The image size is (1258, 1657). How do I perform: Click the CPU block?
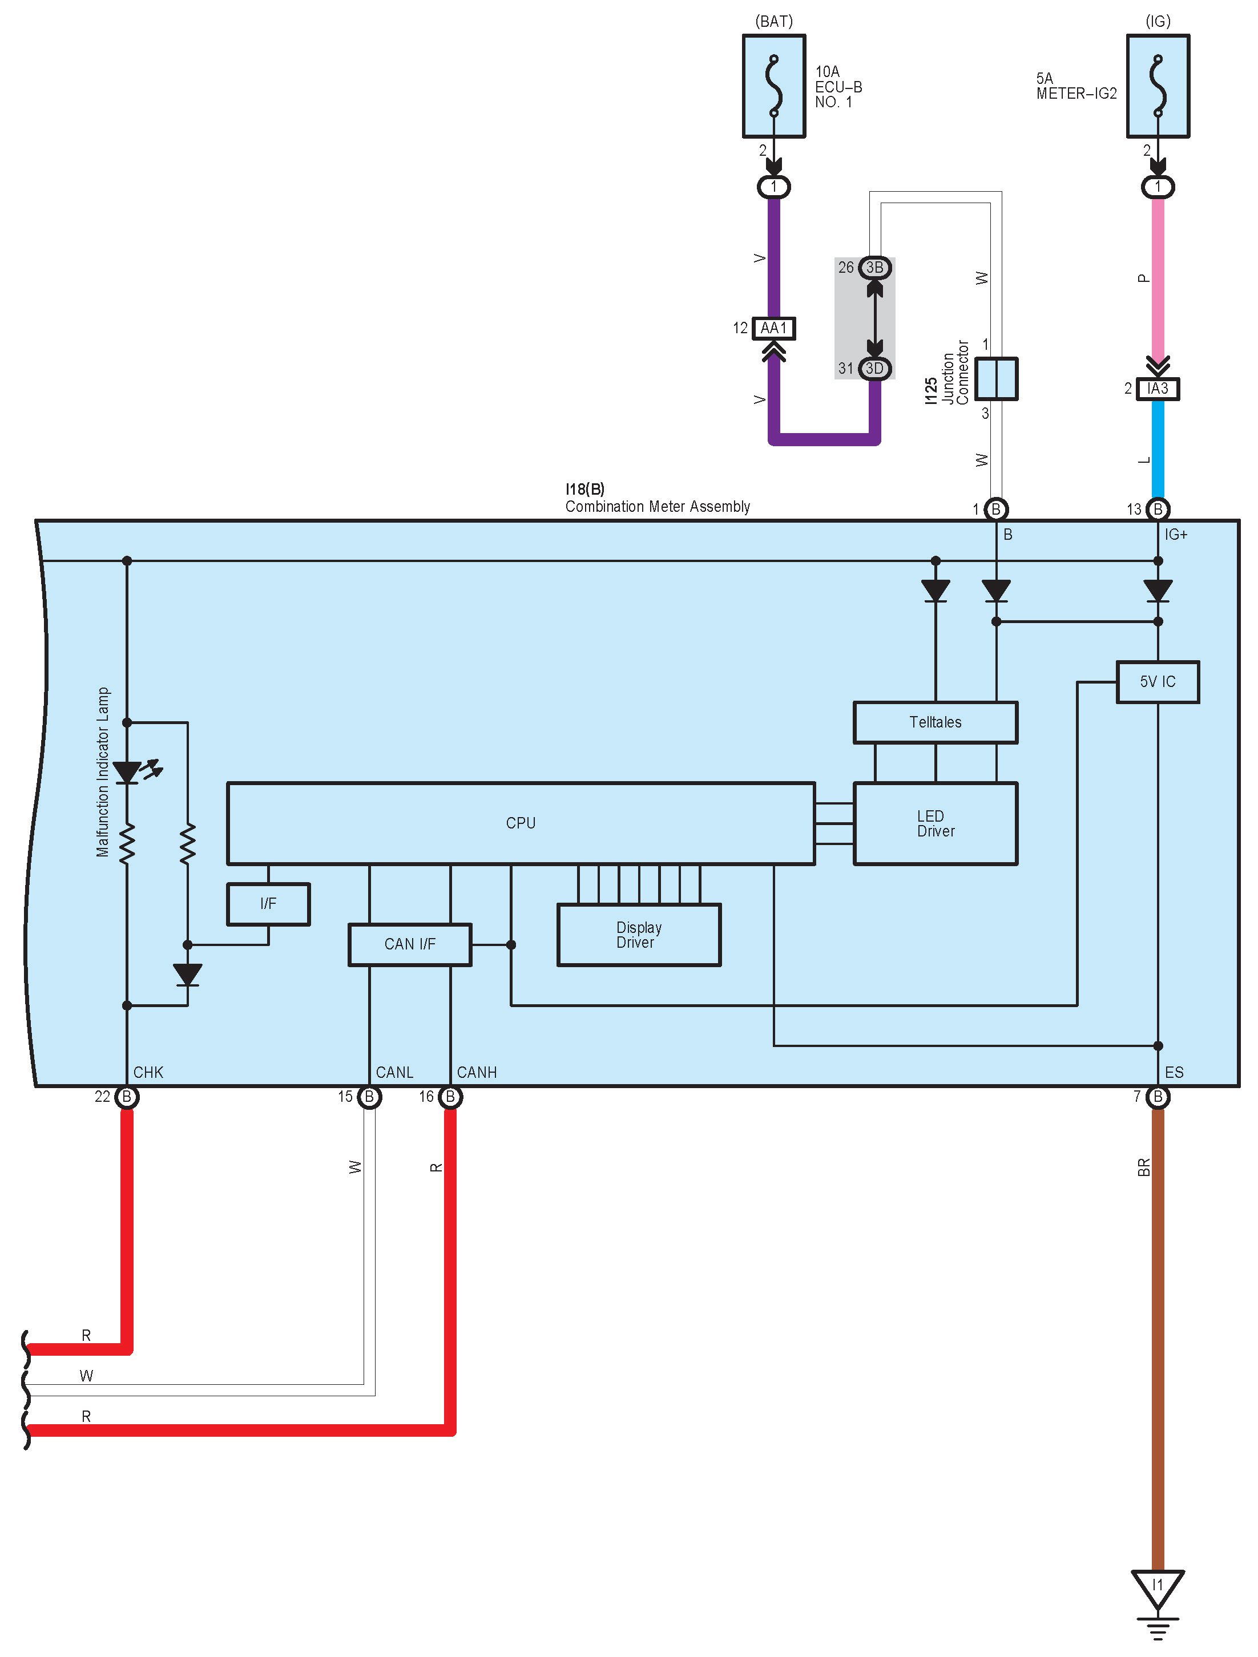520,823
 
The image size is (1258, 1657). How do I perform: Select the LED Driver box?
935,823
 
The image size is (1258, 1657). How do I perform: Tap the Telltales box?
935,722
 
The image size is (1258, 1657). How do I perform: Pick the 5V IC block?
1157,682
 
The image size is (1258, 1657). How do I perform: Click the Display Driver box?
638,935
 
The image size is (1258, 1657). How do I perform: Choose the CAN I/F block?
409,944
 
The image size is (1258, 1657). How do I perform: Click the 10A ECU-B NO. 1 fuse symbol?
774,86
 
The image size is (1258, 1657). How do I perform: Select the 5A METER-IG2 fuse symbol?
1158,86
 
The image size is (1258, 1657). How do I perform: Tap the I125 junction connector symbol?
997,378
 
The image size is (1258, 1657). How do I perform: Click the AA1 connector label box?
773,328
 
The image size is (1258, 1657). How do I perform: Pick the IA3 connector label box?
1158,389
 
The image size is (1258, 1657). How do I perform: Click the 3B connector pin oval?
874,268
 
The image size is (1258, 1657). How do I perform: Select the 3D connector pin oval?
874,369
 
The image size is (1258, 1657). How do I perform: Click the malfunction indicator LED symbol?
127,771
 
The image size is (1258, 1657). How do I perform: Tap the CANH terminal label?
477,1073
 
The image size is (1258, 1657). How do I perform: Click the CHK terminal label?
148,1073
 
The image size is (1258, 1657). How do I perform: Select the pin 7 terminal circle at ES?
1158,1097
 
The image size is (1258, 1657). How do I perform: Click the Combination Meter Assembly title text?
657,506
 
